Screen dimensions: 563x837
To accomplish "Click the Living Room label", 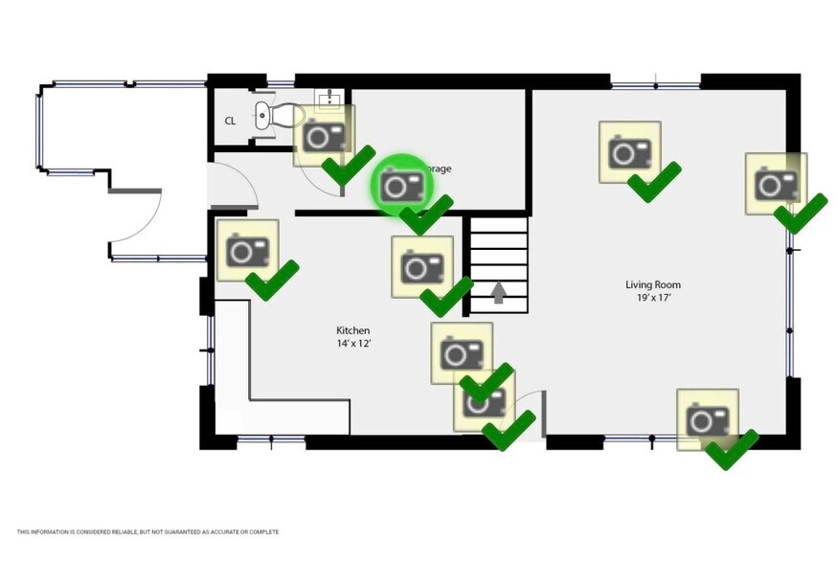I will coord(652,284).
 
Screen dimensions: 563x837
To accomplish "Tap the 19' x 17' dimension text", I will coord(652,298).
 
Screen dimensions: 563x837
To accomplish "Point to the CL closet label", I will coord(230,121).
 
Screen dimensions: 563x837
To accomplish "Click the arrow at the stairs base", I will coord(498,291).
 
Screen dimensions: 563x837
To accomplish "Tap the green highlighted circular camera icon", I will coord(400,184).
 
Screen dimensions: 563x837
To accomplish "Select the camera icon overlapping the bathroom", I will coord(324,135).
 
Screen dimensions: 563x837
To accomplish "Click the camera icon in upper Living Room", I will coord(630,151).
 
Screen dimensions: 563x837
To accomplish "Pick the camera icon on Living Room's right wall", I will coord(776,183).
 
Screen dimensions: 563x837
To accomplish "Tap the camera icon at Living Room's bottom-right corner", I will coord(708,418).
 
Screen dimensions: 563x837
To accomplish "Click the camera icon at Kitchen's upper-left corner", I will coord(247,250).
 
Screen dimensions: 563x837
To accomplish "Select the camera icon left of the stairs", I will coord(422,265).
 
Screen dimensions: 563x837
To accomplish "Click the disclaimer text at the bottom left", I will coord(147,531).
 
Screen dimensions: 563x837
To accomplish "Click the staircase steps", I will coord(498,254).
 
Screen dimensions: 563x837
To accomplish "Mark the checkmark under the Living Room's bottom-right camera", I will coord(732,449).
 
